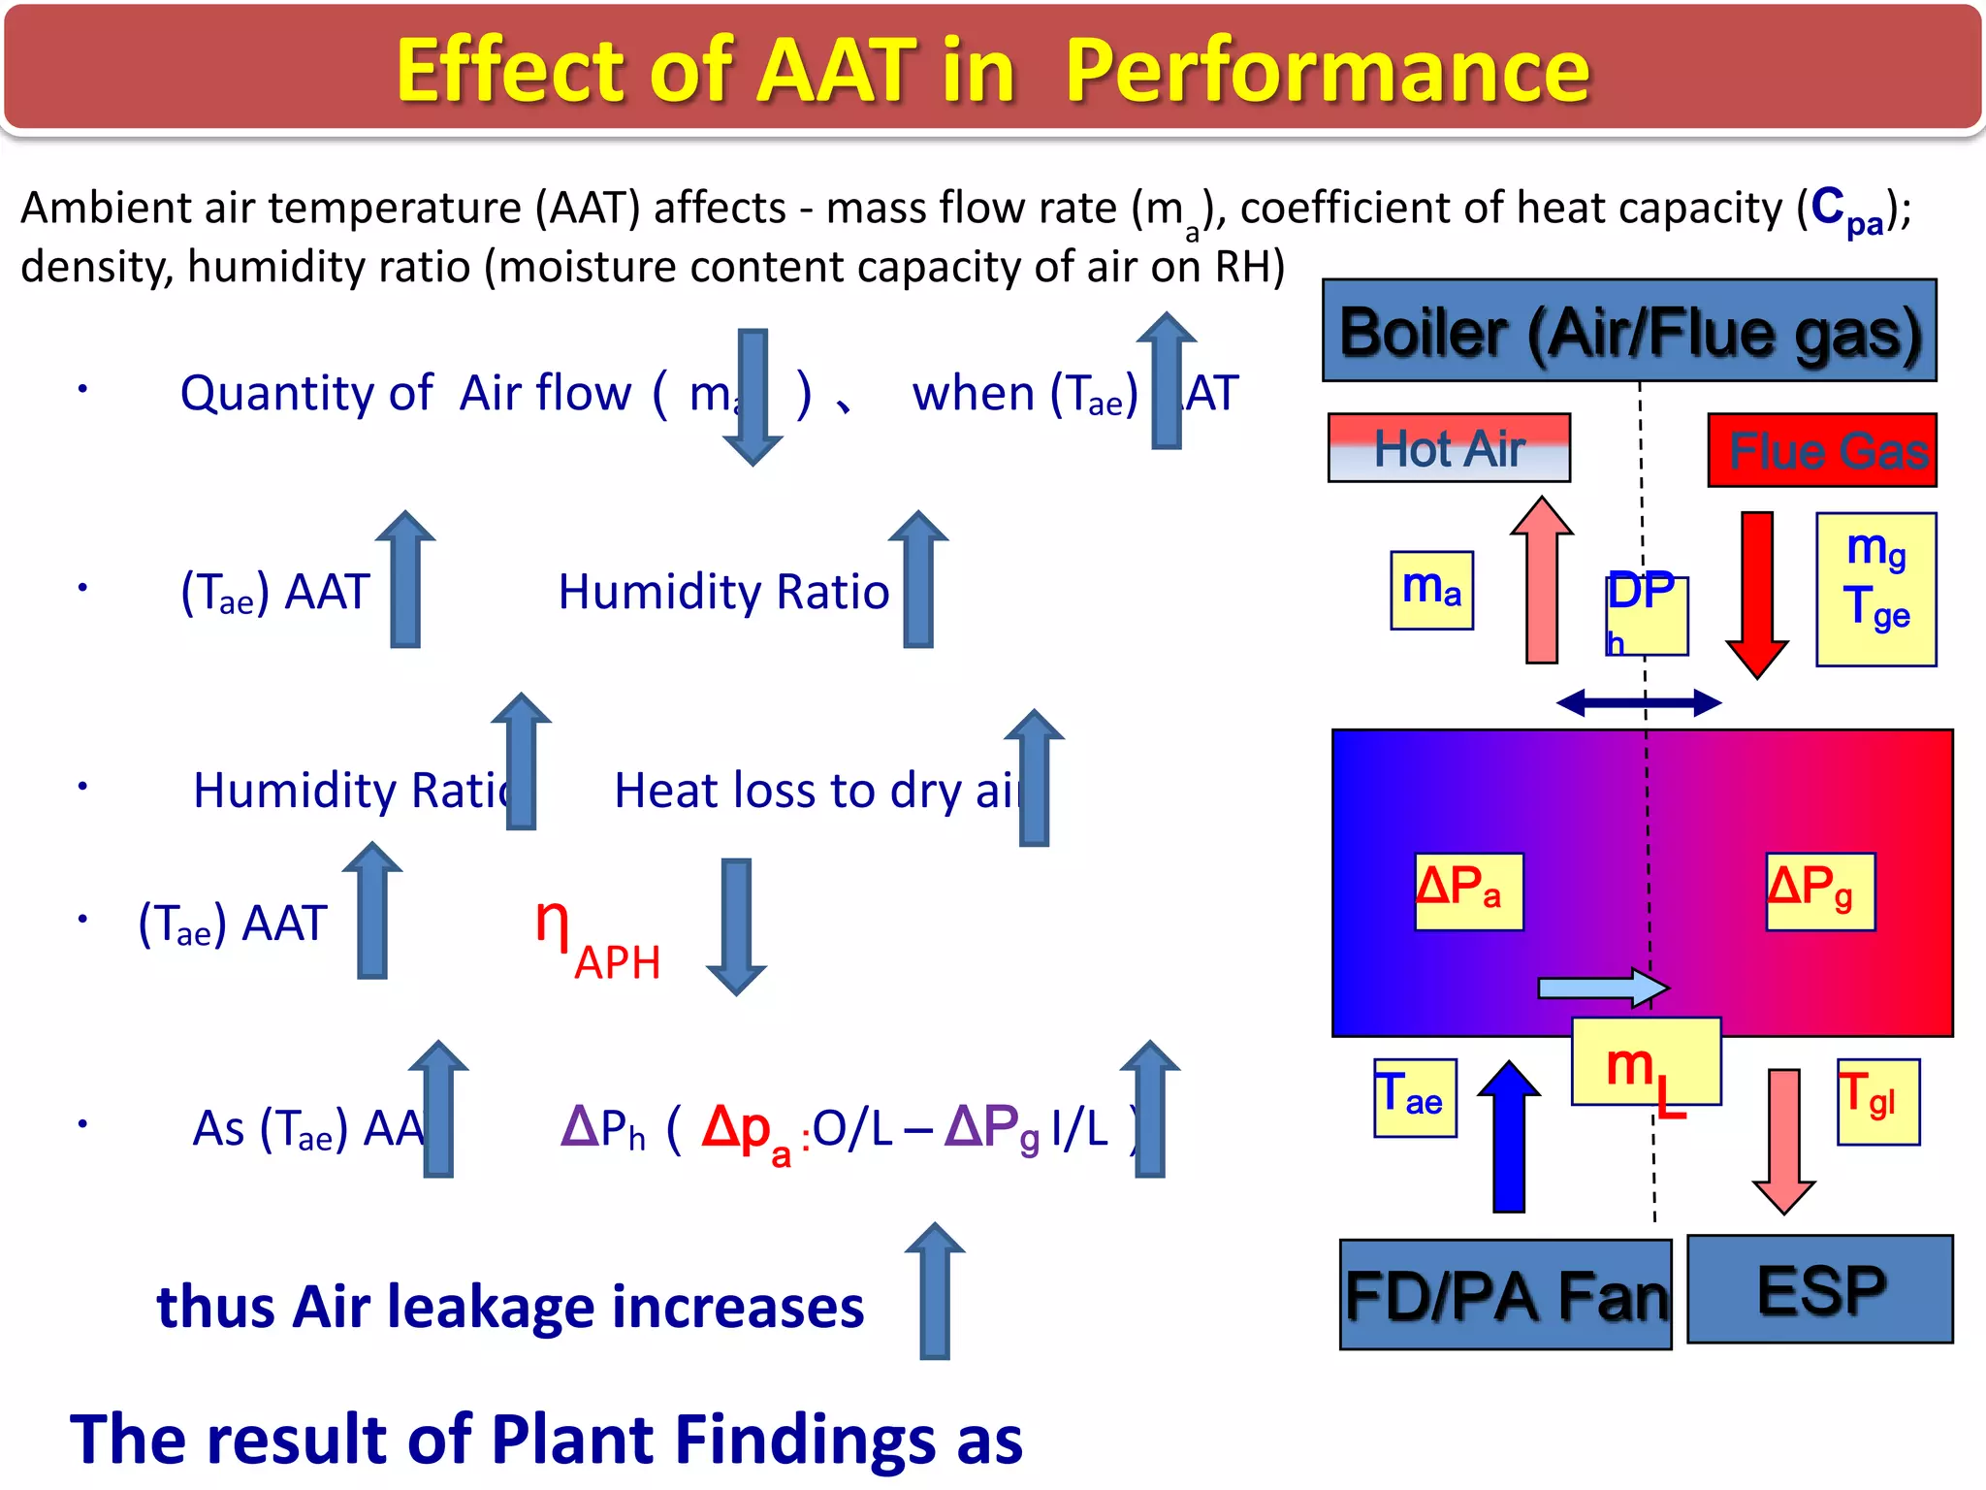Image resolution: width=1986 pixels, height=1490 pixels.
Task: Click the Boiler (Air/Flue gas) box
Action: (1629, 331)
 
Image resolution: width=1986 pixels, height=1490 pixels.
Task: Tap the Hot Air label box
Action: (1449, 448)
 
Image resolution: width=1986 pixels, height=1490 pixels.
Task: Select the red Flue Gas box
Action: (1821, 450)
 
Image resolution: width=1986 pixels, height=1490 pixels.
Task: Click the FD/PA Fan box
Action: (1505, 1295)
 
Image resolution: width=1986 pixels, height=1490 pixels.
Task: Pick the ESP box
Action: (1819, 1289)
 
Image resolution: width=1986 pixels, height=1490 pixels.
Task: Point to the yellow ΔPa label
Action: (1468, 891)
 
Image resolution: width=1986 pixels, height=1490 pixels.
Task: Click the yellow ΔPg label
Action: (1819, 891)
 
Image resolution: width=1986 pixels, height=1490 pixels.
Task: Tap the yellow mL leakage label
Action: (1646, 1063)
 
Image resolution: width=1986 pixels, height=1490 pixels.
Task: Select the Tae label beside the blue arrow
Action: (1414, 1097)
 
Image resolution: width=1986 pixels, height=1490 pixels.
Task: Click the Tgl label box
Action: (1877, 1101)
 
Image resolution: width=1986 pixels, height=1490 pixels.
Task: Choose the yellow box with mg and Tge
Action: (1875, 589)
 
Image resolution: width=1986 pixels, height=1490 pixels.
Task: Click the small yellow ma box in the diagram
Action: (1431, 590)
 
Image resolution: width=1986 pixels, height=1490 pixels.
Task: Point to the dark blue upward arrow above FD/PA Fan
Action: (1509, 1137)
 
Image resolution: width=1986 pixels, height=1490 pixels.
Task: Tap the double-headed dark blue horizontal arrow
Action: (1638, 702)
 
